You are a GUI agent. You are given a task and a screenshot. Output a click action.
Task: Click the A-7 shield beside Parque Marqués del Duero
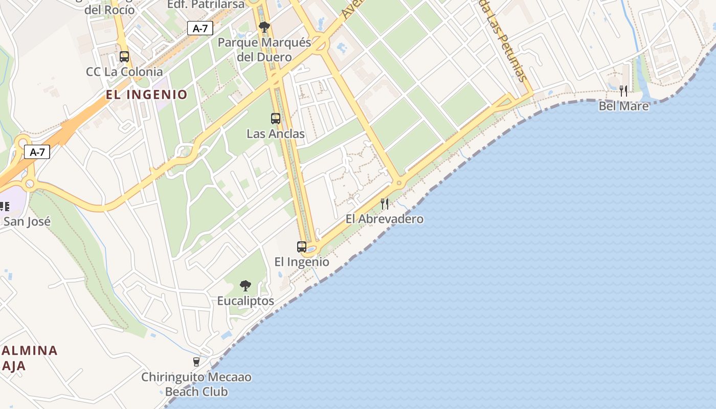coord(200,28)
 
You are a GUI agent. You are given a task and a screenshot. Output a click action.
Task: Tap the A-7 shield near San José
coord(37,152)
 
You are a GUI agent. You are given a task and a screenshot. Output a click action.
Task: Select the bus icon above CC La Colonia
coord(124,57)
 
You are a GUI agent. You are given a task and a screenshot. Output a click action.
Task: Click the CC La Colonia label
coord(124,72)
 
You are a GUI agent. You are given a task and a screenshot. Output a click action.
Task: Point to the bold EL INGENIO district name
coord(147,95)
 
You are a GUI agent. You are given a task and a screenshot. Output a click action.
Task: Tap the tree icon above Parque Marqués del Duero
coord(264,27)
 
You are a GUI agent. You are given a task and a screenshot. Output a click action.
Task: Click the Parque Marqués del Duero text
coord(264,50)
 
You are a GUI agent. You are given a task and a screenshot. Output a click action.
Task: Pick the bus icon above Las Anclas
coord(276,119)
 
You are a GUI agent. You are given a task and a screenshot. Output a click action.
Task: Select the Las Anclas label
coord(276,134)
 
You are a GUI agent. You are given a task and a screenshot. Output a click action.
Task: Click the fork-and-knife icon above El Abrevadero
coord(385,204)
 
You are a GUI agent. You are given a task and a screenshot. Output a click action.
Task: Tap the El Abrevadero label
coord(385,219)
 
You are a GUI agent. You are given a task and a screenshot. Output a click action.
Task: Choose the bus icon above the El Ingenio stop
coord(302,247)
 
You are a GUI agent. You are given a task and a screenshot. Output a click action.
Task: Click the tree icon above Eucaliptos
coord(245,286)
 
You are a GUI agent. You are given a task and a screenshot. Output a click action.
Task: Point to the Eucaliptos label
coord(245,301)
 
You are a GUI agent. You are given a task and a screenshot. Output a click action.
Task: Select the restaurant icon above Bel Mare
coord(623,91)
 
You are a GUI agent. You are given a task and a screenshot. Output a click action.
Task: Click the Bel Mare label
coord(623,106)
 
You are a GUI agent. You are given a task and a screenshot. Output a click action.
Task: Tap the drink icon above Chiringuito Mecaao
coord(196,362)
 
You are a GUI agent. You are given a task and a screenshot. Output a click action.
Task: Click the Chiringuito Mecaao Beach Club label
coord(196,384)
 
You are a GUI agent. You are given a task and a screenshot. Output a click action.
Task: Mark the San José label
coord(27,221)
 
